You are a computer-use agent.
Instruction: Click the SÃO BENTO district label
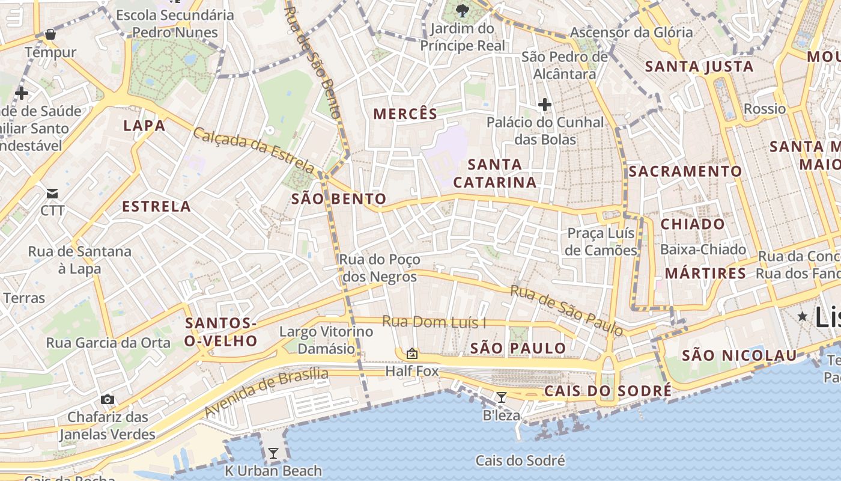point(339,199)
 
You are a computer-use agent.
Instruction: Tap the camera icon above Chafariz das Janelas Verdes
point(108,399)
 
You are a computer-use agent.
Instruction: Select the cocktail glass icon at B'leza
point(501,397)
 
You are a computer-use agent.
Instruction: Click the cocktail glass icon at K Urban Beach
point(273,453)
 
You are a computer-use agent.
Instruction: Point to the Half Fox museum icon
point(412,354)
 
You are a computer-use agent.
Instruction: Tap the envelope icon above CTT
point(52,194)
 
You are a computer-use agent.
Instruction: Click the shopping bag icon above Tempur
point(50,34)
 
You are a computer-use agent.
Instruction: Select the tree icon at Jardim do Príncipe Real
point(463,10)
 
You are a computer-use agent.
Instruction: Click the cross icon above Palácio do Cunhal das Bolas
point(545,105)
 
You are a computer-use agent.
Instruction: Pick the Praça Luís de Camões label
point(601,242)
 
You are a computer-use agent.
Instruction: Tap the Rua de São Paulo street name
point(566,310)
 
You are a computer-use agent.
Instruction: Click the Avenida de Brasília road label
point(267,393)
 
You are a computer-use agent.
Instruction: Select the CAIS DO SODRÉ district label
point(608,391)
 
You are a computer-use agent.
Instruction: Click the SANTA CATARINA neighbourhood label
point(495,173)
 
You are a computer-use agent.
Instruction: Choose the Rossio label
point(764,109)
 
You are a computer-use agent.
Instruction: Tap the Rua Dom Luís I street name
point(434,322)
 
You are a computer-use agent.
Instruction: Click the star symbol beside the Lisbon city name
point(803,316)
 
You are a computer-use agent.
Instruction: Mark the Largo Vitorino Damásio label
point(326,340)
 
